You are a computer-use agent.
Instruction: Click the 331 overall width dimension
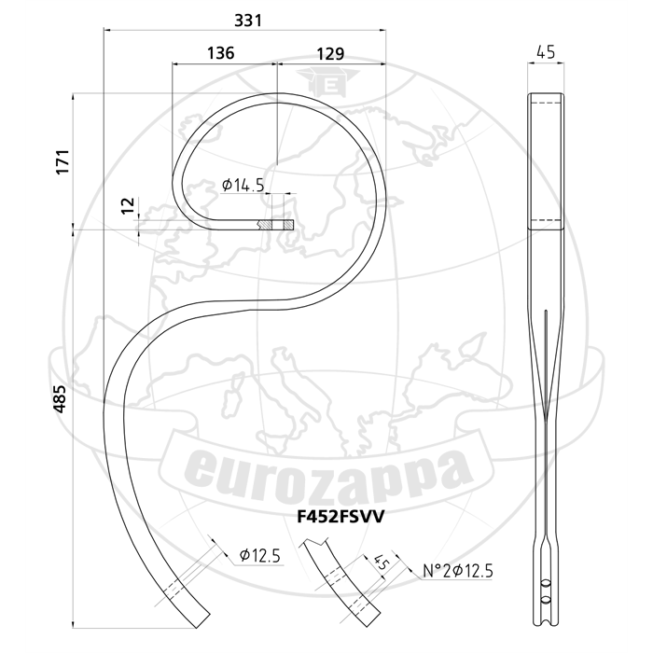pyautogui.click(x=248, y=20)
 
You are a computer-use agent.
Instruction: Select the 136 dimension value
pyautogui.click(x=221, y=53)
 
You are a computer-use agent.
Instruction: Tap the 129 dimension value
pyautogui.click(x=330, y=54)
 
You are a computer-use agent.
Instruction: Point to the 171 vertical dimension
pyautogui.click(x=63, y=161)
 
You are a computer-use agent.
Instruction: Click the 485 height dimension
pyautogui.click(x=60, y=399)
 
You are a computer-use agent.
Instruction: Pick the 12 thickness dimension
pyautogui.click(x=129, y=205)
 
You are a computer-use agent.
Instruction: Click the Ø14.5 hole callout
pyautogui.click(x=243, y=185)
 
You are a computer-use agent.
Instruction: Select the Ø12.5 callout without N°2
pyautogui.click(x=260, y=555)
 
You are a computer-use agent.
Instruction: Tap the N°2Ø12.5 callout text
pyautogui.click(x=458, y=571)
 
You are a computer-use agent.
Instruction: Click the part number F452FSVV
pyautogui.click(x=340, y=517)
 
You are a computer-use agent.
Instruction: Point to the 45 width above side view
pyautogui.click(x=546, y=52)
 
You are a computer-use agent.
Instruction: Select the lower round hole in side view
pyautogui.click(x=546, y=600)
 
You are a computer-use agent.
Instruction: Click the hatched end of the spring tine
pyautogui.click(x=276, y=225)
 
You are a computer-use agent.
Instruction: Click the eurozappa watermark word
pyautogui.click(x=329, y=473)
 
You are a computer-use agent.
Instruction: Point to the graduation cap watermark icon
pyautogui.click(x=327, y=81)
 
